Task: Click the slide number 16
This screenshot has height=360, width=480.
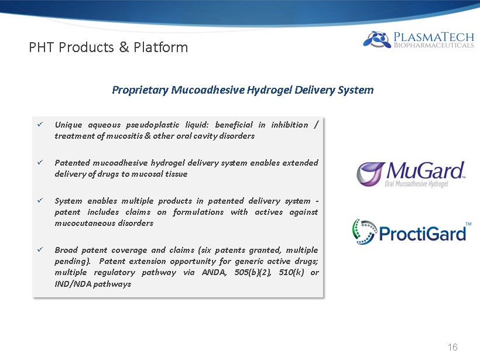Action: click(x=452, y=347)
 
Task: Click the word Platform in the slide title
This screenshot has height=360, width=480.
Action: click(x=161, y=47)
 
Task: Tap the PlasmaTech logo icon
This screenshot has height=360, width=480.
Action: click(x=377, y=39)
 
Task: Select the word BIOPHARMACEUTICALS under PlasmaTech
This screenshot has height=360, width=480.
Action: click(x=434, y=45)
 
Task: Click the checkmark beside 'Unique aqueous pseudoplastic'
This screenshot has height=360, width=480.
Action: click(x=40, y=124)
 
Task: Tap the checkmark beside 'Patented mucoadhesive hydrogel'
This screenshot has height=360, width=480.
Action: click(x=40, y=162)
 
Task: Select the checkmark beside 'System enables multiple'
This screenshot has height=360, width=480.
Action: click(x=40, y=201)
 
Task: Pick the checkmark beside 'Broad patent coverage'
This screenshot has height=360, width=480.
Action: click(x=40, y=249)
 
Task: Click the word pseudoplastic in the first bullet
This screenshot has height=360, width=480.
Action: click(x=152, y=125)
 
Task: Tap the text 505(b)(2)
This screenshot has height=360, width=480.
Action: click(x=252, y=272)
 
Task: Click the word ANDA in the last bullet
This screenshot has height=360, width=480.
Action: click(x=214, y=272)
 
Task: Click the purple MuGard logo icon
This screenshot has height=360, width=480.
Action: click(x=370, y=174)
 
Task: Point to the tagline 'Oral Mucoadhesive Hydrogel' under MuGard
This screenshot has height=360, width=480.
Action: click(x=416, y=184)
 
